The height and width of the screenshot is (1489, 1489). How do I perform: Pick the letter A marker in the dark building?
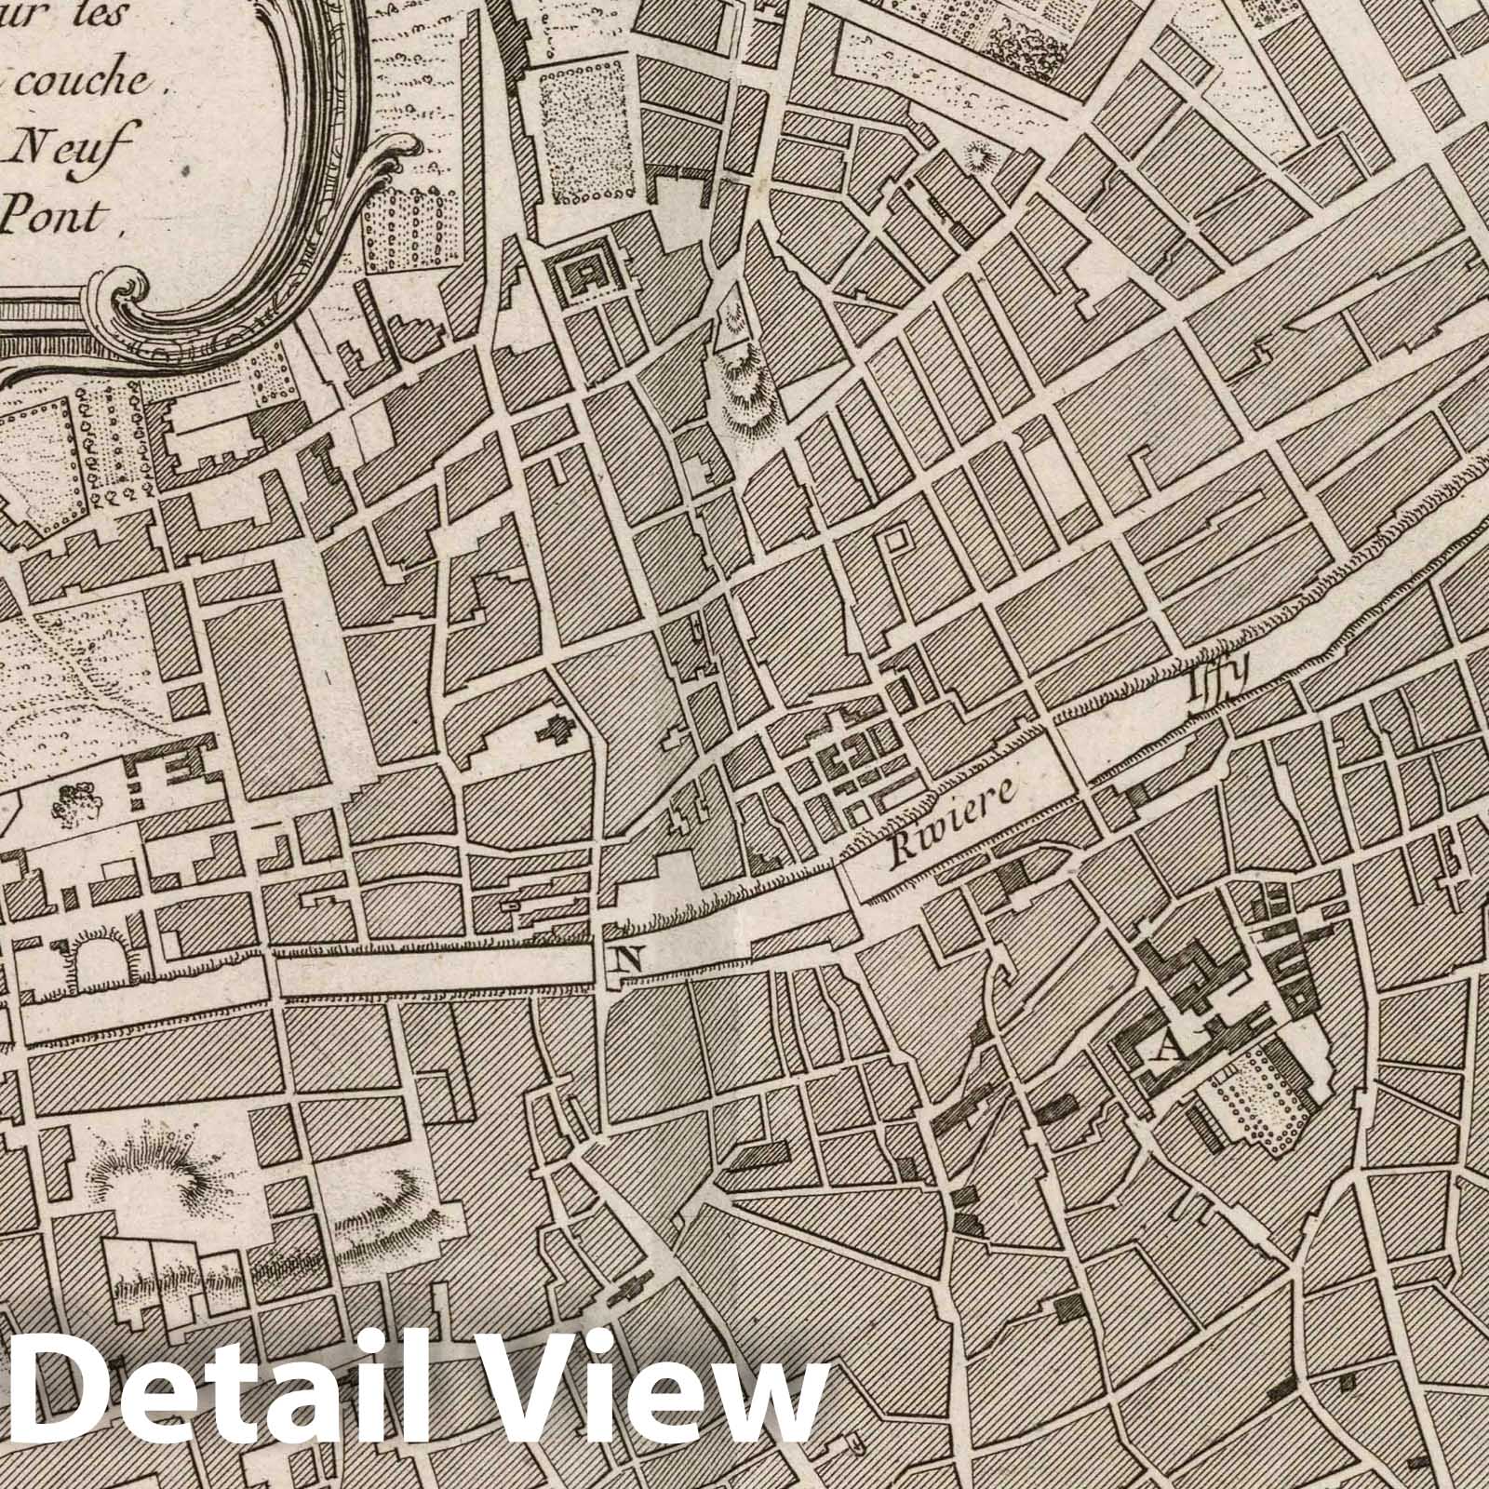click(1167, 1051)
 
